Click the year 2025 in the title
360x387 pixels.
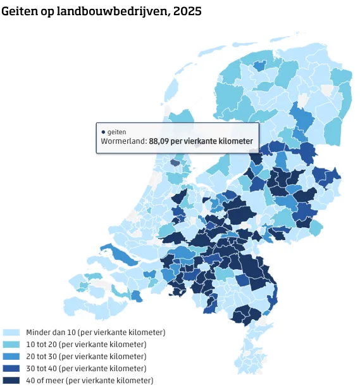(188, 11)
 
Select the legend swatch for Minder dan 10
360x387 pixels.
(11, 332)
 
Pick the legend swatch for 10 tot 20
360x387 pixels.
(11, 344)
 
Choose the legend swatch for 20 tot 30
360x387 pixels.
(11, 356)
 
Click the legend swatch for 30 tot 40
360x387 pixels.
(11, 368)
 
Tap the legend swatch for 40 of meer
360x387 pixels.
(11, 380)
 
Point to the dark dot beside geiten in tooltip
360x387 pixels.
(103, 132)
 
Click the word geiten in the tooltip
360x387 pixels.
(116, 132)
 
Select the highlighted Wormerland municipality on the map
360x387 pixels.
(175, 163)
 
